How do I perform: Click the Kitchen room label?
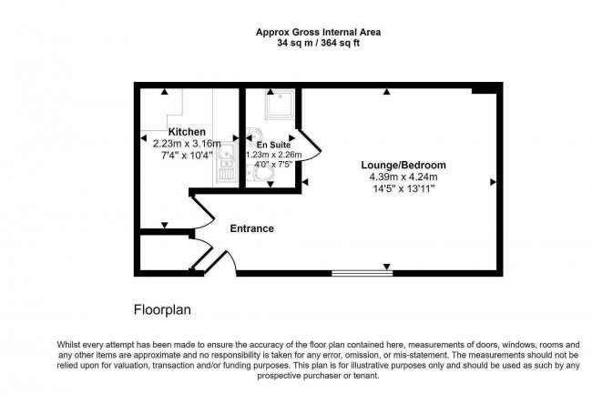pos(187,132)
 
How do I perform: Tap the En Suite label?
pos(274,145)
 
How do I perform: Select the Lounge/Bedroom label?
pos(403,165)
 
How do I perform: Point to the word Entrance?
pos(251,228)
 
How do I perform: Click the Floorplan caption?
pos(162,310)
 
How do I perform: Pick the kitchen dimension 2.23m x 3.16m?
pos(187,144)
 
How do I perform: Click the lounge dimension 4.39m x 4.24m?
pos(403,177)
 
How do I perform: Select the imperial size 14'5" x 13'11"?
pos(403,188)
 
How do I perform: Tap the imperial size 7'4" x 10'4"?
pos(187,156)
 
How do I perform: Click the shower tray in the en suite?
pos(280,104)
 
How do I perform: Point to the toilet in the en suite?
pos(259,175)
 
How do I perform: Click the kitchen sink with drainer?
pos(226,164)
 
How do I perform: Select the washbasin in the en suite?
pos(254,135)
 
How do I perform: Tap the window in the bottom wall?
pos(362,273)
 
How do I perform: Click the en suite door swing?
pos(310,146)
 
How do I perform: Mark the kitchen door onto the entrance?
pos(203,212)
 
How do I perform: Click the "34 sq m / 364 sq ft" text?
pos(318,43)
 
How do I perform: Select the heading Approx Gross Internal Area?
pos(318,33)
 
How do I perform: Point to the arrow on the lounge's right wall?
pos(493,182)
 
